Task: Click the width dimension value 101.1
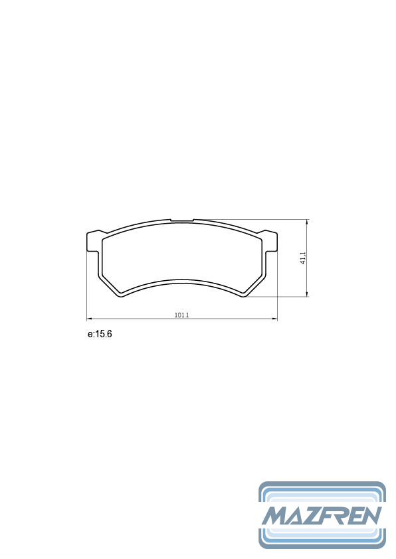(x=182, y=315)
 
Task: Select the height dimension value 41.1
(x=303, y=258)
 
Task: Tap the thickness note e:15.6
(x=100, y=334)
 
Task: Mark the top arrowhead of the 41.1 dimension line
(x=307, y=221)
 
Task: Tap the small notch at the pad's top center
(x=182, y=220)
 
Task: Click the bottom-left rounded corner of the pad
(x=120, y=295)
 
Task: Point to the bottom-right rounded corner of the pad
(x=245, y=295)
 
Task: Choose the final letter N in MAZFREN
(x=371, y=515)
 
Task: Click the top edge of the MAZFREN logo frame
(x=322, y=484)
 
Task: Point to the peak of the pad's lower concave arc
(x=182, y=281)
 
